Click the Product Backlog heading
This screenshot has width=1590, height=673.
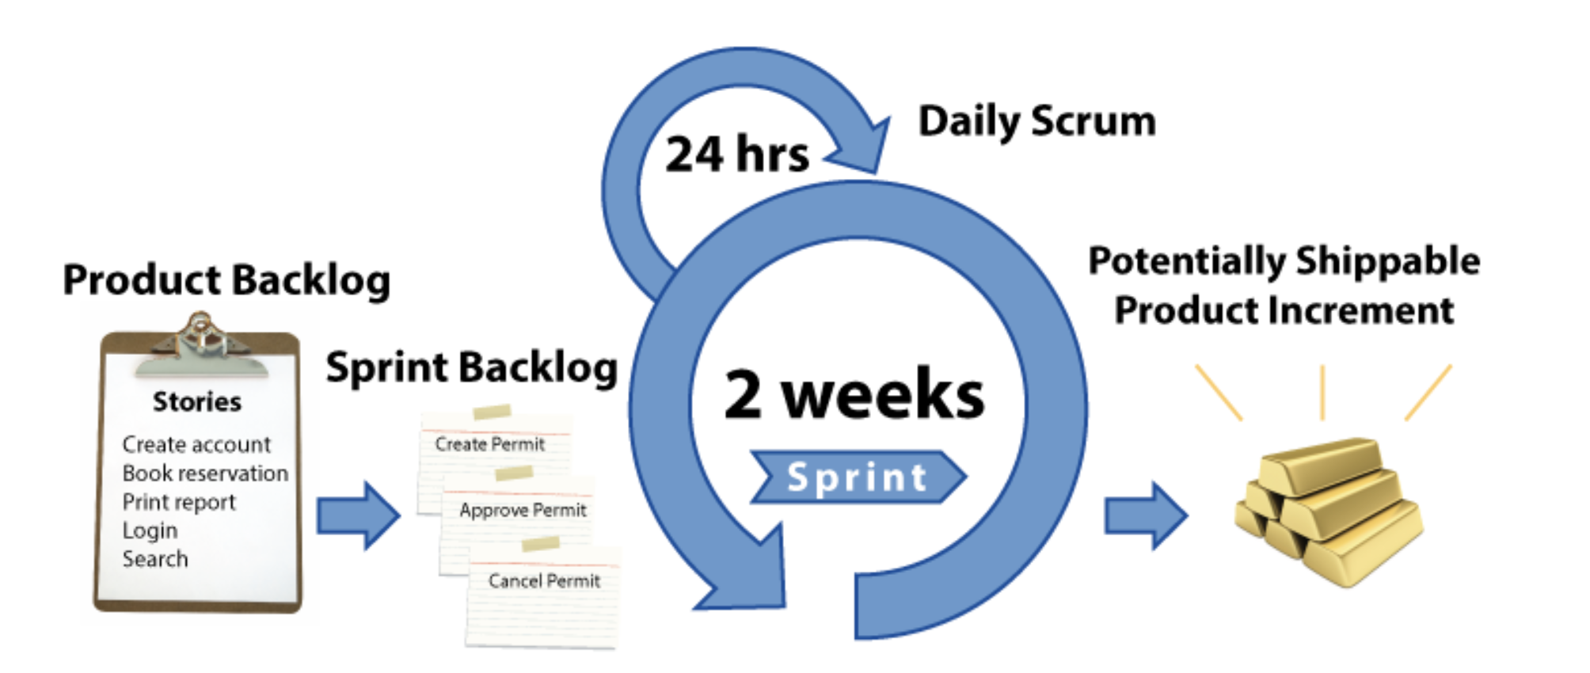[226, 279]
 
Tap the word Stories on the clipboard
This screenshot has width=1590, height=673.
[197, 401]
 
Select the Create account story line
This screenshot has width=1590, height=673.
[196, 444]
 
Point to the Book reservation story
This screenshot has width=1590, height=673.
[205, 473]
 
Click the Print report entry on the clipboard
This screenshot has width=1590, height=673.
[179, 502]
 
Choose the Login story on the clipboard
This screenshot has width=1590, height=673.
[150, 530]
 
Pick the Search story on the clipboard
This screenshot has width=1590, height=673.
[155, 559]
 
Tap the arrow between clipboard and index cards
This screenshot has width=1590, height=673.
[358, 515]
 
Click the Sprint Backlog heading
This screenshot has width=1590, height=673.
[472, 367]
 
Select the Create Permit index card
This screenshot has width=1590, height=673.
[490, 444]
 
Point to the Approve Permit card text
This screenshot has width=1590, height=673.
[523, 510]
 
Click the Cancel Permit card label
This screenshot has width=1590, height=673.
[544, 581]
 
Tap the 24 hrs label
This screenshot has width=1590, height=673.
[736, 154]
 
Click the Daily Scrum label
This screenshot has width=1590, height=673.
[1037, 121]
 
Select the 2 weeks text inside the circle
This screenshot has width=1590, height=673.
[854, 394]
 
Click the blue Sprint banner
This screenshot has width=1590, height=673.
[858, 477]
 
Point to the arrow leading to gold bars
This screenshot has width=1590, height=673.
[1145, 515]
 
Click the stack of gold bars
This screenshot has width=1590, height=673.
[1329, 511]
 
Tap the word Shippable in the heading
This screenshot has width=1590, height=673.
[1387, 260]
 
